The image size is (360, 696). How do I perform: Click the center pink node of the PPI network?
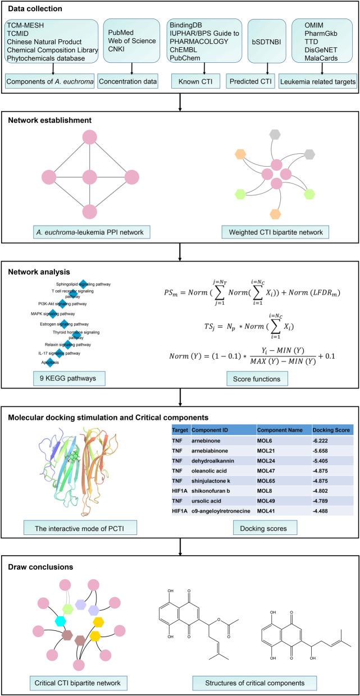click(x=90, y=177)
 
